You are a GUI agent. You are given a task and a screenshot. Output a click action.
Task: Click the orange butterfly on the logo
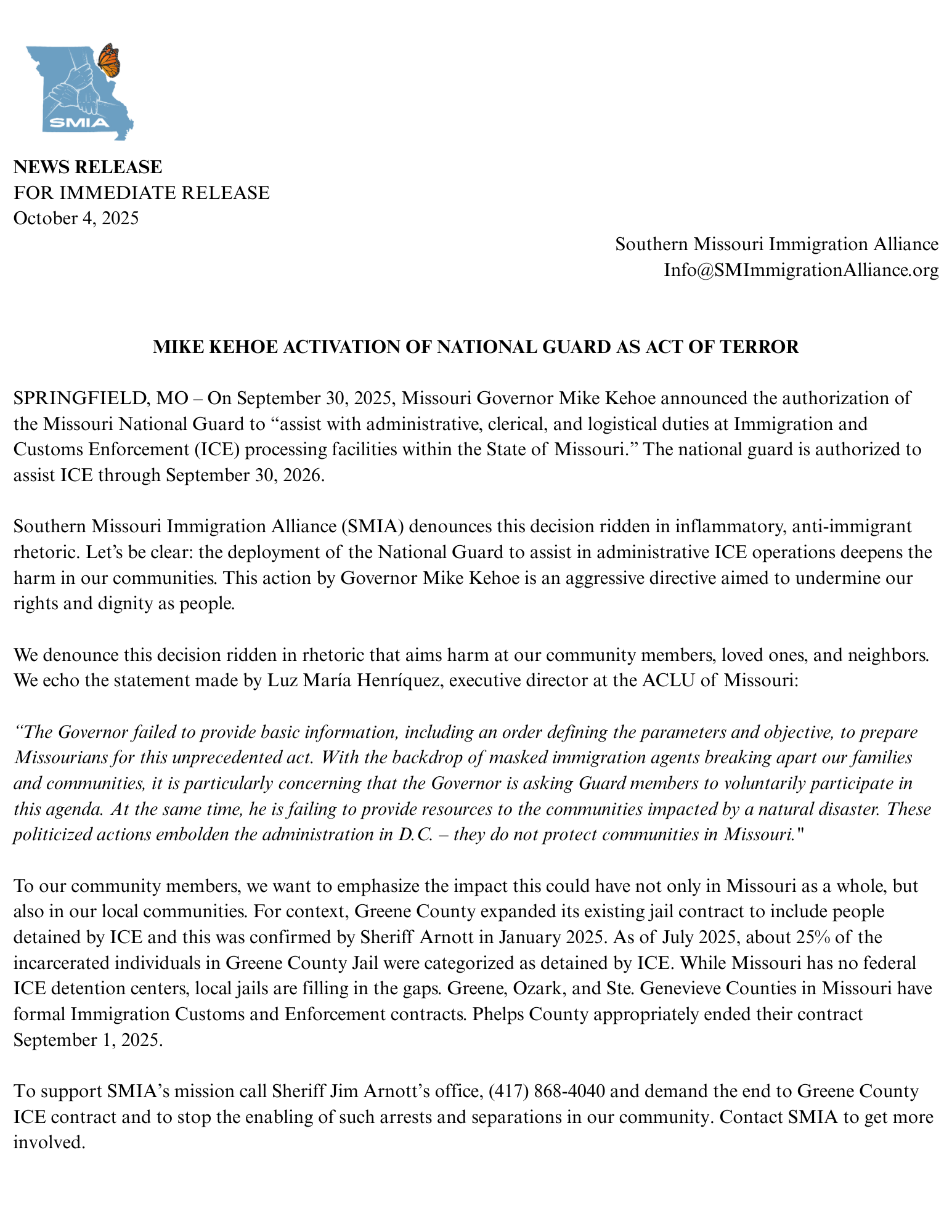[109, 60]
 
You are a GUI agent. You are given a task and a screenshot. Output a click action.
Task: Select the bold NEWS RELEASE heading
[88, 167]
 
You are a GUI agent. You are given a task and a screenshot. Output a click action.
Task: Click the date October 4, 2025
[76, 218]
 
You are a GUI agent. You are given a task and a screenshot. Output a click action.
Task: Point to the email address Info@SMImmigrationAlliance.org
[801, 270]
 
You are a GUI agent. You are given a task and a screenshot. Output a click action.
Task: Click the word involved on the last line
[48, 1143]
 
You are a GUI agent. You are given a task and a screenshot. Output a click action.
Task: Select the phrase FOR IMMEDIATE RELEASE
[142, 193]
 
